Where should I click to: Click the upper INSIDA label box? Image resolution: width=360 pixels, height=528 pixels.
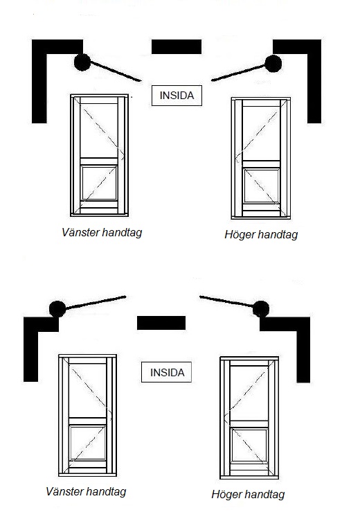point(177,96)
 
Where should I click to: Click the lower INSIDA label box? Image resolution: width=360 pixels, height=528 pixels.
point(167,372)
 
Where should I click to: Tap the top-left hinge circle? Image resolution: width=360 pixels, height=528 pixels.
point(82,62)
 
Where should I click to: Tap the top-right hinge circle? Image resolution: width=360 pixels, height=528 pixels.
point(273,64)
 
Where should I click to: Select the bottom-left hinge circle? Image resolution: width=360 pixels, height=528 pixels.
point(57,309)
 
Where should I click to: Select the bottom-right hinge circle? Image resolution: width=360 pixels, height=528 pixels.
point(261,309)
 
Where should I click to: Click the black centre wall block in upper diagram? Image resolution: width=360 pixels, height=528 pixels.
point(177,47)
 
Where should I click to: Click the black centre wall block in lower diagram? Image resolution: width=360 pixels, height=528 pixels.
point(161,323)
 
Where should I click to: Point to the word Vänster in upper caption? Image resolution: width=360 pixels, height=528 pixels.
point(81,232)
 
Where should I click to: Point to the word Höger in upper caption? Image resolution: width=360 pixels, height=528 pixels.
point(239,235)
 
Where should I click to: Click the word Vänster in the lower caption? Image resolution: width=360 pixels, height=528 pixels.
point(65,491)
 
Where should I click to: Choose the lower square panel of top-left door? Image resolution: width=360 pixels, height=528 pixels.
point(99,183)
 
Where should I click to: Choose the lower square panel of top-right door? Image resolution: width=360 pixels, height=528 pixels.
point(262,186)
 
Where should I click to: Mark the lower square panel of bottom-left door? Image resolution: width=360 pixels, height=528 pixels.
point(87,443)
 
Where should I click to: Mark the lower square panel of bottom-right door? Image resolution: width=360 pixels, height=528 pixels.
point(249,446)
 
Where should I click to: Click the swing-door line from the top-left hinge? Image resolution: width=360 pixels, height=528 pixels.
point(116,71)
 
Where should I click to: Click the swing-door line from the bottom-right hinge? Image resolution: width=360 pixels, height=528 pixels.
point(226,301)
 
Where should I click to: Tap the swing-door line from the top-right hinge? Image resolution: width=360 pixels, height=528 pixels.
point(238,73)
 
